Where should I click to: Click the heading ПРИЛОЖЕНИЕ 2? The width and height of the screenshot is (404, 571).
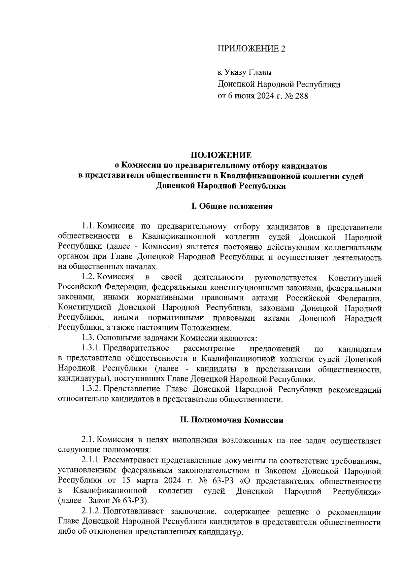click(251, 49)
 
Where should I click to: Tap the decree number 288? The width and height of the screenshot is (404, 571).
click(301, 96)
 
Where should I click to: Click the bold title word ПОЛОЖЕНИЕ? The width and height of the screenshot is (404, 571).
click(221, 155)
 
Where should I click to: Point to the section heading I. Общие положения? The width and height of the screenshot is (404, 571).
click(232, 207)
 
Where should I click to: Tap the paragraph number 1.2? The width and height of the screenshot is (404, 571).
click(89, 277)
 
